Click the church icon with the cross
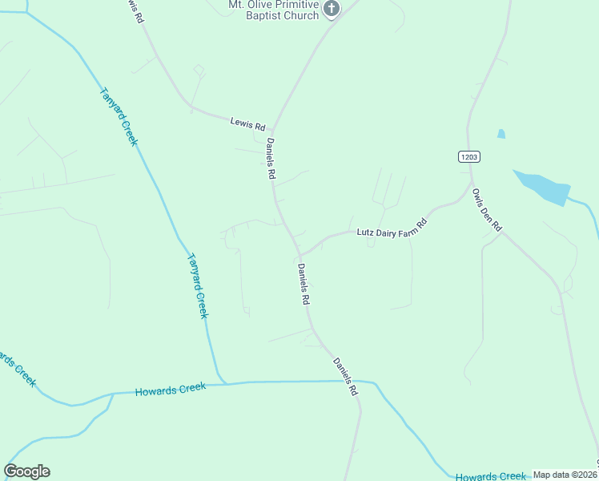[x=332, y=9]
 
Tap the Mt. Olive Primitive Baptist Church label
[x=274, y=10]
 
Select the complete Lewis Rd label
[x=247, y=123]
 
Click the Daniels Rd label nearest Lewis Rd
[x=271, y=158]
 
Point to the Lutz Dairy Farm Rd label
[x=389, y=228]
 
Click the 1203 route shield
[x=469, y=157]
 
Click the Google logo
[x=27, y=471]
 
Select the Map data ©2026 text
[x=565, y=475]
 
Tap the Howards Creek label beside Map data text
[x=491, y=476]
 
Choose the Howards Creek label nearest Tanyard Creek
[x=171, y=390]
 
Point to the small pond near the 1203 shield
[x=501, y=134]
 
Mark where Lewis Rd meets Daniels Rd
[x=272, y=129]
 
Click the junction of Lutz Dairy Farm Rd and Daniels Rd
[x=299, y=255]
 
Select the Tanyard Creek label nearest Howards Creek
[x=197, y=286]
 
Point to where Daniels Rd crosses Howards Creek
[x=356, y=382]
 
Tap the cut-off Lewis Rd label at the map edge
[x=134, y=10]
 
